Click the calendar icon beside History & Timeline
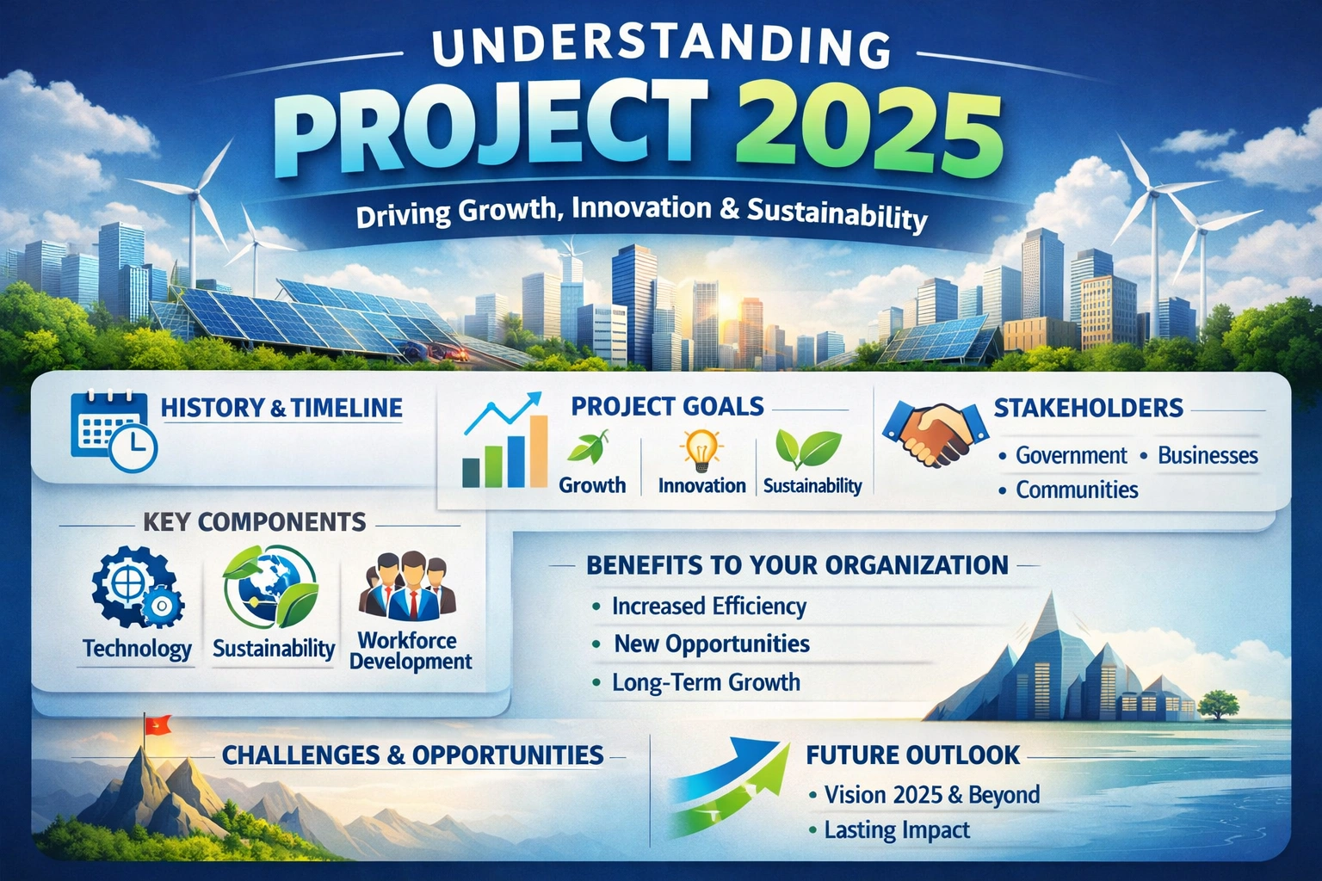pos(112,431)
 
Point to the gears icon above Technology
pos(135,590)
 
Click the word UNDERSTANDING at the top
pos(660,49)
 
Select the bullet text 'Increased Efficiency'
pos(709,607)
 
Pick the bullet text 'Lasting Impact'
pos(897,830)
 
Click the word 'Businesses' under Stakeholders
pos(1208,456)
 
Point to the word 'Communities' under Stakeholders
pos(1077,490)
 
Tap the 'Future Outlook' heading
pos(912,755)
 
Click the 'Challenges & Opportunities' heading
pos(412,755)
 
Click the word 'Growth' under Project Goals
pos(592,485)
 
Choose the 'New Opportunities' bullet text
pos(712,644)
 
